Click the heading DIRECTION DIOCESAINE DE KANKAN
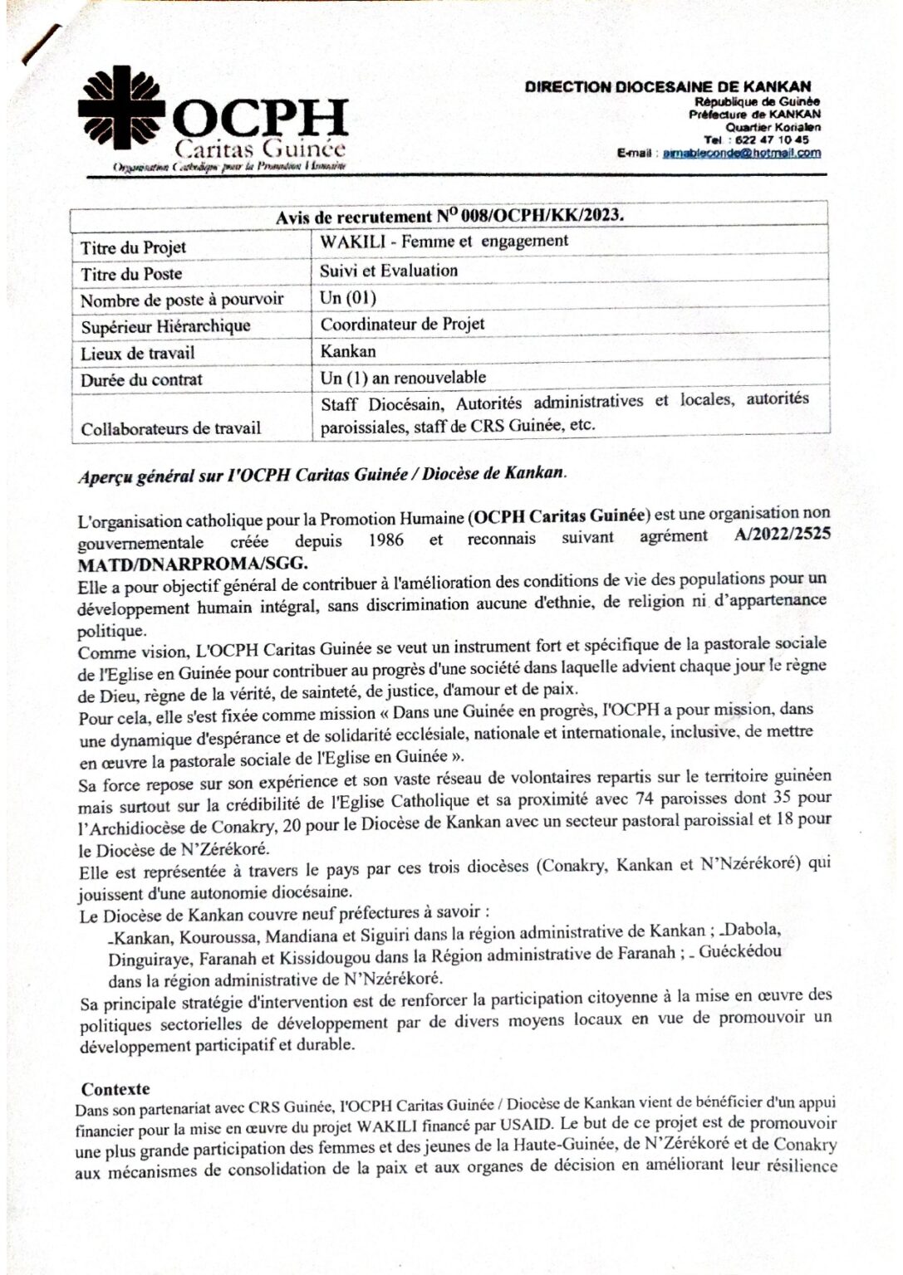tap(668, 86)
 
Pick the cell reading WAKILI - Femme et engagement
tap(444, 242)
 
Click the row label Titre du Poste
tap(131, 274)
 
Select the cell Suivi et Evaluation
tap(389, 271)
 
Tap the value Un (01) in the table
tap(348, 297)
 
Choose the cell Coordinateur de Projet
tap(402, 324)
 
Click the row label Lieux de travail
tap(138, 353)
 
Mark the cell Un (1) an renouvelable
tap(403, 378)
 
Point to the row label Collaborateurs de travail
tap(170, 429)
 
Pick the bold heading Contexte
tap(115, 1089)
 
